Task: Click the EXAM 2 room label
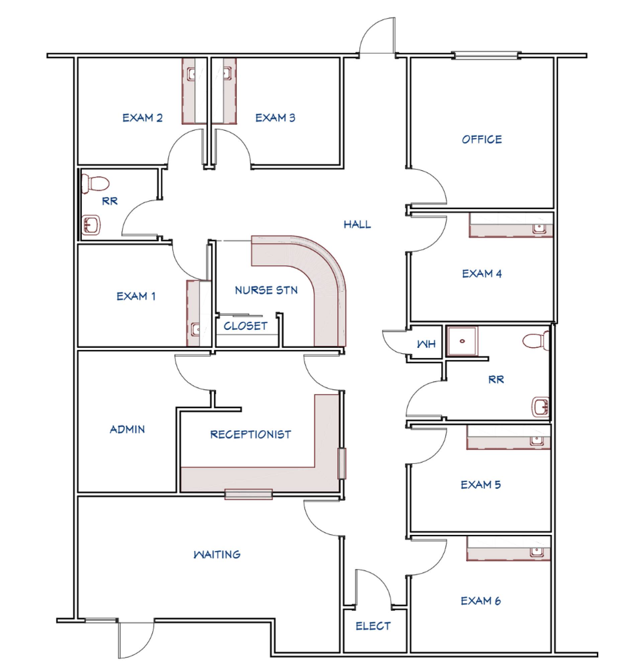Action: [143, 118]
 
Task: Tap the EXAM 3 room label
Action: [275, 118]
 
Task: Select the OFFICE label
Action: [482, 139]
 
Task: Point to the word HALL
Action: [357, 224]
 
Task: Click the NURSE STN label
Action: [266, 290]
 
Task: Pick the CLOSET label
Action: [245, 326]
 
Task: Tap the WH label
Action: [426, 344]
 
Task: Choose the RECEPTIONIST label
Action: [250, 435]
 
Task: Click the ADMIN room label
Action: [127, 429]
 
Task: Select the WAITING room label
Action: [217, 554]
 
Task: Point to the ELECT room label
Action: [373, 626]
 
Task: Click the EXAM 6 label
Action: [480, 601]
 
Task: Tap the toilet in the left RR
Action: [95, 184]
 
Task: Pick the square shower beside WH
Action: [462, 341]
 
